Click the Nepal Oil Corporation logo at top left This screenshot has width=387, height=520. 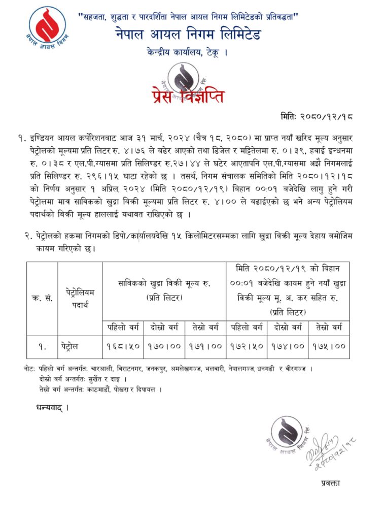47,25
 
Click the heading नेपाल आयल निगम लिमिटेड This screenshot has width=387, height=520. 187,35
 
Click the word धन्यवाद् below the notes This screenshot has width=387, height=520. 52,407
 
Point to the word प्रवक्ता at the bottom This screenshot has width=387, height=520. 330,483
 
